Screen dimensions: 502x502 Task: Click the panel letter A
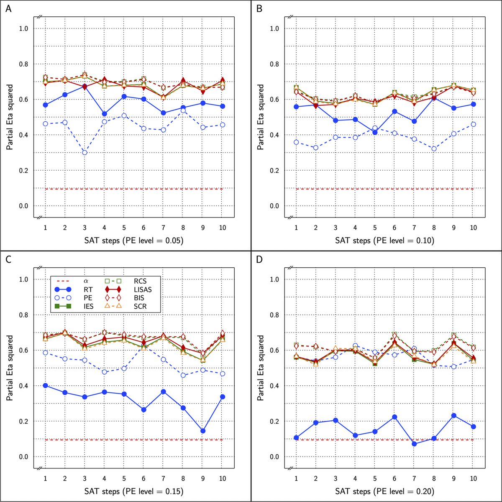tap(8, 8)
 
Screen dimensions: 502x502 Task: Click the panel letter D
tap(259, 259)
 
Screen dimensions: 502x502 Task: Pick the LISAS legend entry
tap(142, 288)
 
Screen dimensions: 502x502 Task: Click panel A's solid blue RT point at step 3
tap(85, 87)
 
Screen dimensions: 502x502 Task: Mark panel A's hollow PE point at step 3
tap(85, 152)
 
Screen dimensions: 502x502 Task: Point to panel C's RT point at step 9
tap(203, 431)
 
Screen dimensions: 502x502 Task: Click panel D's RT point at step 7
tap(415, 444)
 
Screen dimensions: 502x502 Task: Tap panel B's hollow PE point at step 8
tap(434, 149)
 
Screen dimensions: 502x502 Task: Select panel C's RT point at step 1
tap(45, 385)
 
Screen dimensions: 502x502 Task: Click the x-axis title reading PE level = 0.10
tap(384, 241)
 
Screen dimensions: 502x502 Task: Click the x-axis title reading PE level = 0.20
tap(384, 492)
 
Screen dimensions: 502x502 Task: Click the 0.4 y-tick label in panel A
tap(25, 135)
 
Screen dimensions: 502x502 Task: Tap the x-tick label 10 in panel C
tap(223, 478)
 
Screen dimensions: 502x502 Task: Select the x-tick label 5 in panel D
tap(375, 478)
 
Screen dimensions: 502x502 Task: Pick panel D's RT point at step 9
tap(454, 416)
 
